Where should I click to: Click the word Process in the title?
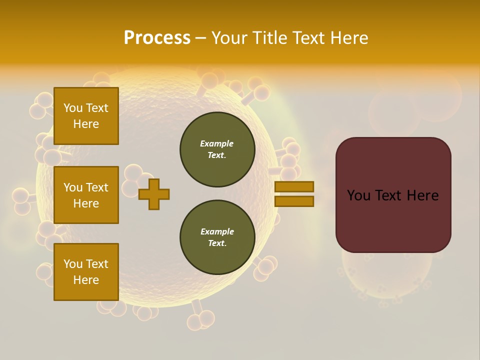click(x=157, y=38)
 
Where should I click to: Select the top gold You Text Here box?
click(x=86, y=116)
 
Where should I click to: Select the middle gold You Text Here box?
click(x=86, y=195)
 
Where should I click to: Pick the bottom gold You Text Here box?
click(x=86, y=272)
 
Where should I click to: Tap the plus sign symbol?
click(x=154, y=194)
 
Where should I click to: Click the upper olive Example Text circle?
click(x=217, y=149)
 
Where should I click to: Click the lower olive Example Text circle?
click(x=217, y=237)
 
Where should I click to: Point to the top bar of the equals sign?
click(x=294, y=187)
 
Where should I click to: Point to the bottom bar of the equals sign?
click(x=294, y=201)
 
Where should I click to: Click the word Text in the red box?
click(x=390, y=195)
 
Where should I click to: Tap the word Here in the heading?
click(x=350, y=38)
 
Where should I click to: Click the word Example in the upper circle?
click(x=217, y=143)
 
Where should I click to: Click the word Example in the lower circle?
click(x=217, y=231)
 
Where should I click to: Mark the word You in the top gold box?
click(x=73, y=108)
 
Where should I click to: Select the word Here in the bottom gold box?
click(x=86, y=280)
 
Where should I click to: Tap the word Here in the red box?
click(x=422, y=195)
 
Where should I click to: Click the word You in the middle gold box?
click(x=73, y=187)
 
